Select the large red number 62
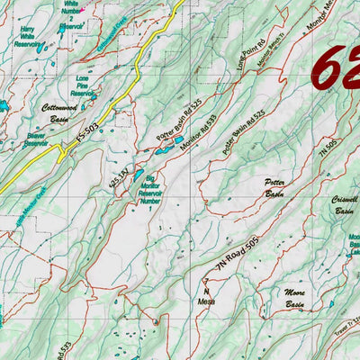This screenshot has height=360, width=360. (x=335, y=67)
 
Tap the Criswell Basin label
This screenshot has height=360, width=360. (x=344, y=205)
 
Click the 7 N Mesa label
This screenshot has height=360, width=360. (x=205, y=297)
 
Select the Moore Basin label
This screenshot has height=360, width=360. (x=294, y=300)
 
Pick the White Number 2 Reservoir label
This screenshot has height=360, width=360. (x=70, y=16)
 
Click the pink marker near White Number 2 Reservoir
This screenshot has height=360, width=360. (x=83, y=11)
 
